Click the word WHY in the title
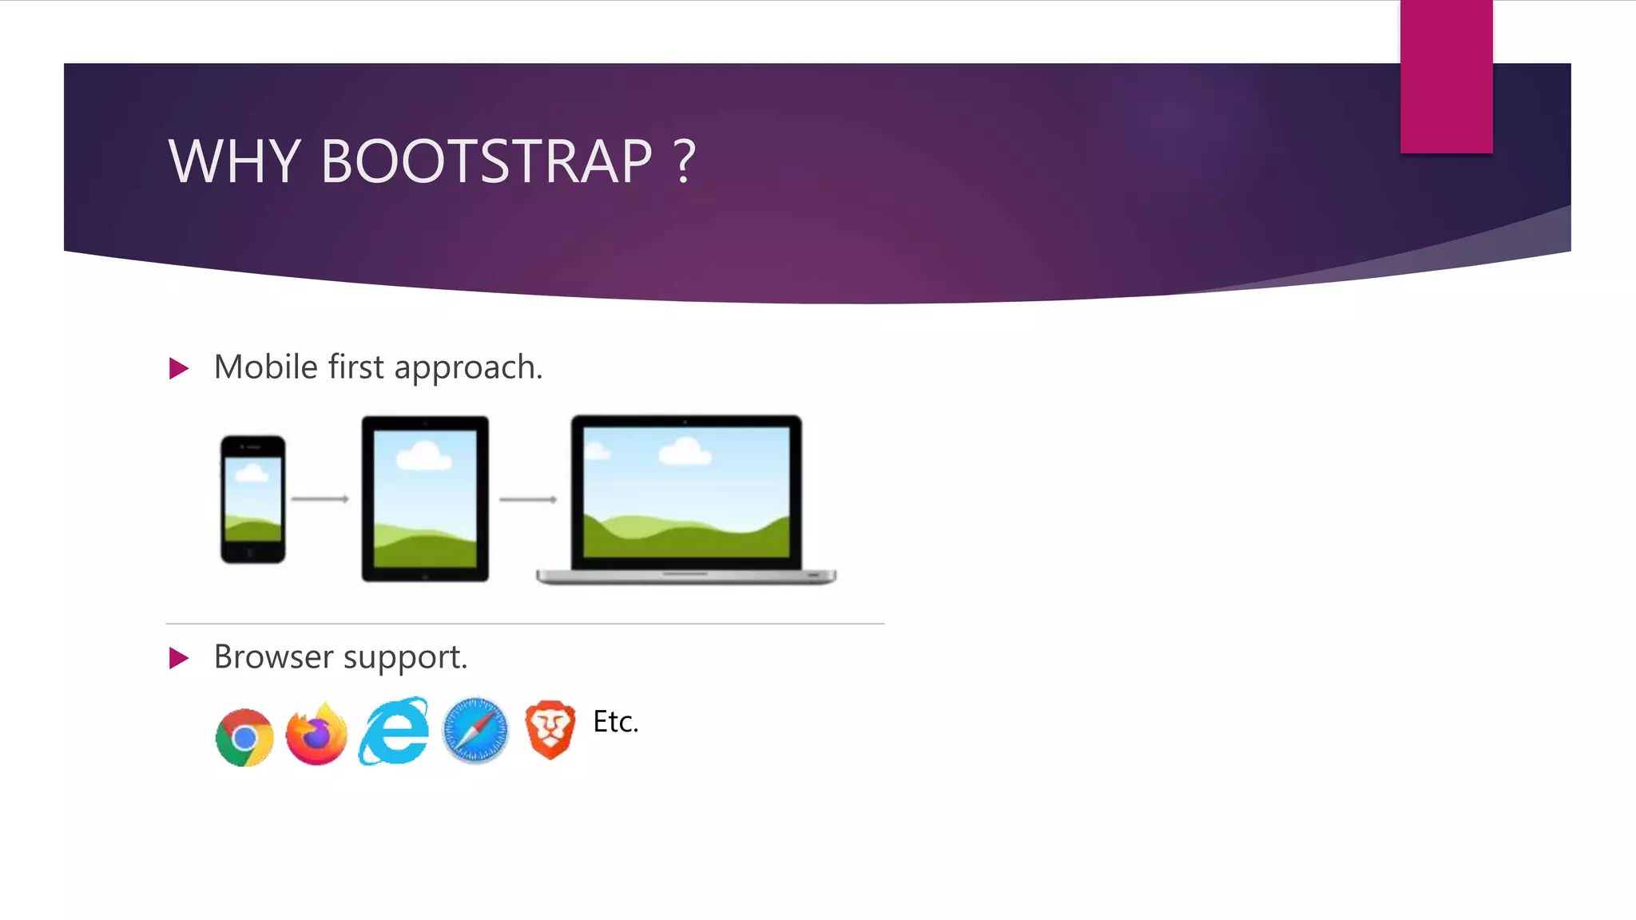(233, 161)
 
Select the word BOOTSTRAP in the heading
(486, 161)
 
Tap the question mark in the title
(685, 161)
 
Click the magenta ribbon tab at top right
(1446, 77)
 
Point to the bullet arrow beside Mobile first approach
(179, 368)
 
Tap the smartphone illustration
(252, 499)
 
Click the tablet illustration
(425, 498)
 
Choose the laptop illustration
(686, 499)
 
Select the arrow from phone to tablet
(320, 499)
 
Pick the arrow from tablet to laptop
(528, 500)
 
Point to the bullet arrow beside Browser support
(179, 658)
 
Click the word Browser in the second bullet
(273, 657)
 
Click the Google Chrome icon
(244, 737)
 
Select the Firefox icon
(316, 735)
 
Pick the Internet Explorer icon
(394, 732)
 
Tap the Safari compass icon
(475, 731)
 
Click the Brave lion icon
(550, 729)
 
